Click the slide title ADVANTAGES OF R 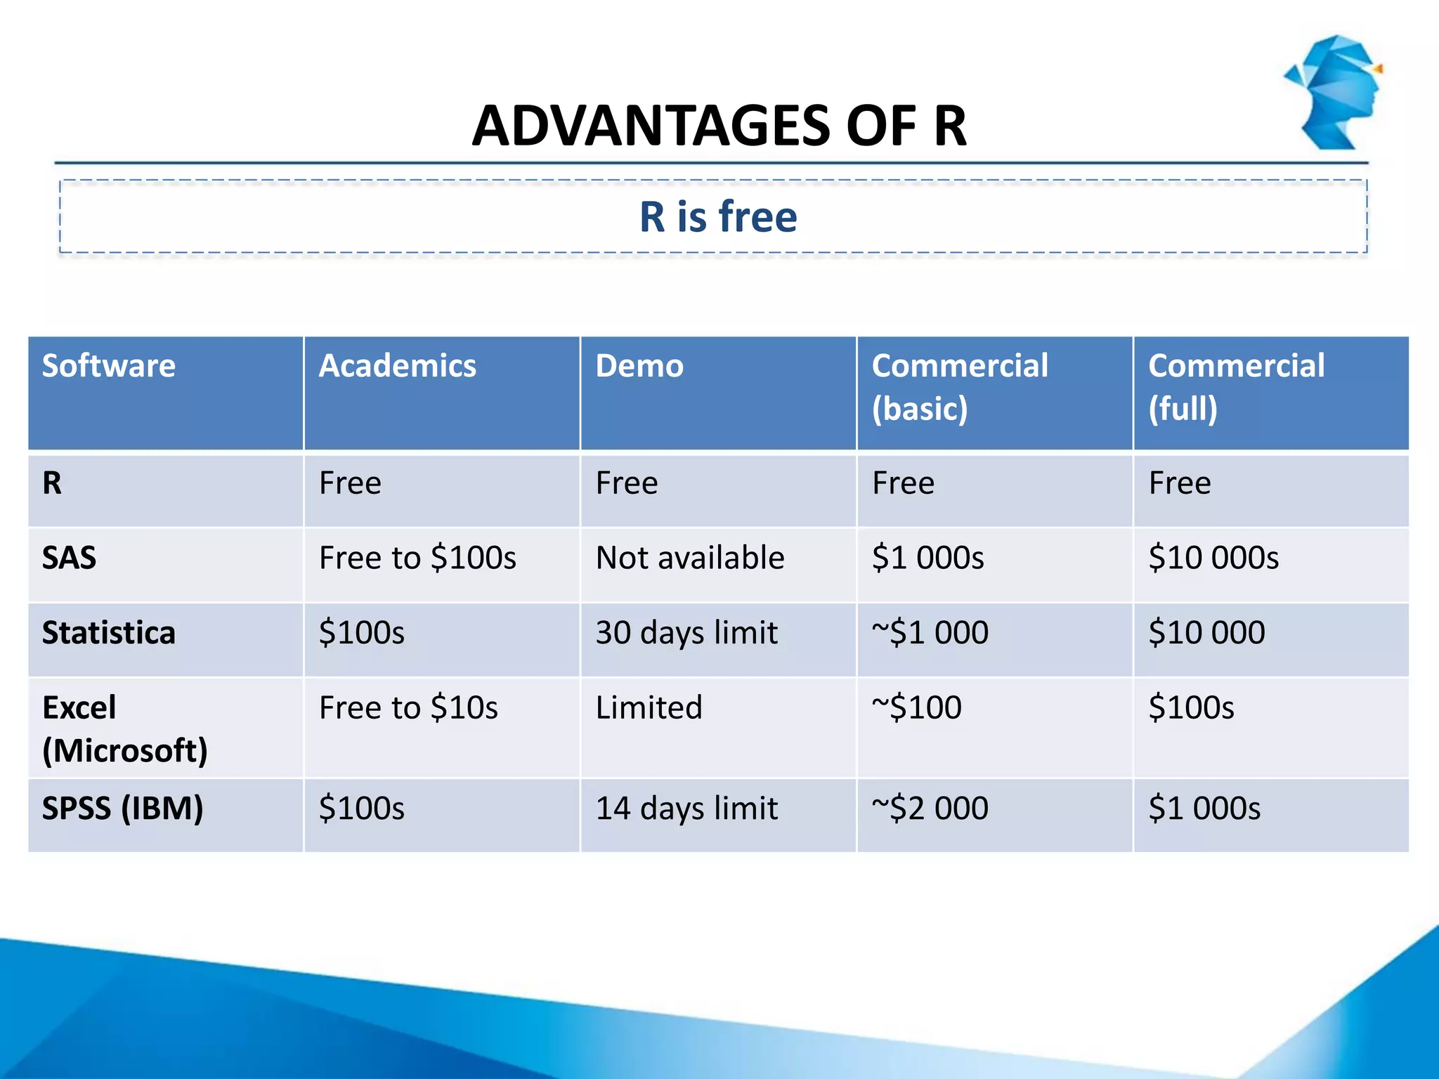[719, 126]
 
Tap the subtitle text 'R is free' [718, 216]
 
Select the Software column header [109, 366]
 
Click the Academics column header [398, 366]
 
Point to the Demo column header [639, 366]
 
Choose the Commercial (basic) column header [960, 387]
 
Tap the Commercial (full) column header [1237, 387]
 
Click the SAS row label [69, 558]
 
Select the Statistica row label [109, 632]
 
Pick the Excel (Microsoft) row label [125, 728]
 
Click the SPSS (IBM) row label [123, 808]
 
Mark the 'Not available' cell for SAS [690, 558]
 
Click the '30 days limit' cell [686, 632]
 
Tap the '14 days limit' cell [686, 808]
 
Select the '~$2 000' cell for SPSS [930, 808]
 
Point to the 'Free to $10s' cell [408, 707]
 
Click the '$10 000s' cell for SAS [1213, 558]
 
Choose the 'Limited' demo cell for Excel [649, 707]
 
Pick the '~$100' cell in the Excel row [916, 707]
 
